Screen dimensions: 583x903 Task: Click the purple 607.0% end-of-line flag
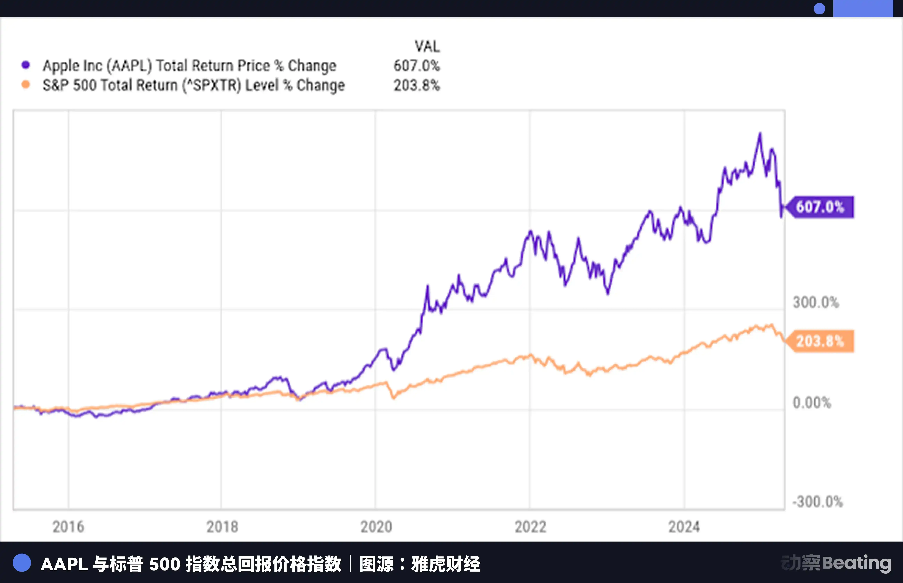[820, 207]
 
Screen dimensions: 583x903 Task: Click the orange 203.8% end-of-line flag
[820, 341]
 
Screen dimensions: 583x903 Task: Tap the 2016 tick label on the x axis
[68, 527]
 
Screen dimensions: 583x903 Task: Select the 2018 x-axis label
[222, 527]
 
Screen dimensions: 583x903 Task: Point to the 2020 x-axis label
[376, 527]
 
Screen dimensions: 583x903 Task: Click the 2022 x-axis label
[530, 527]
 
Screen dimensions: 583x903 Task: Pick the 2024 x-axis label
[684, 527]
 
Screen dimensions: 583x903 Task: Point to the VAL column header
[427, 47]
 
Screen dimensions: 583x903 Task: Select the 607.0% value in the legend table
[417, 65]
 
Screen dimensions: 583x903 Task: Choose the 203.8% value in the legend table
[417, 85]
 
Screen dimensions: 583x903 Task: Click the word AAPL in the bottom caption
[64, 564]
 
